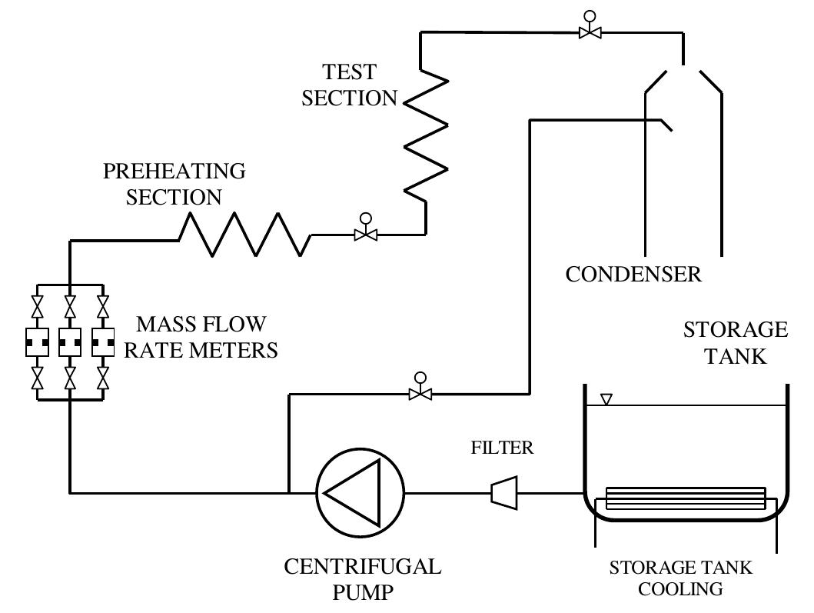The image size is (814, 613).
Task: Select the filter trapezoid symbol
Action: coord(504,491)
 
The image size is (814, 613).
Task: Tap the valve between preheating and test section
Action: coord(365,233)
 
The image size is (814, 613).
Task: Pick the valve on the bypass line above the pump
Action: coord(420,393)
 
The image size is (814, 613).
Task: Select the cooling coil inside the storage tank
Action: coord(686,498)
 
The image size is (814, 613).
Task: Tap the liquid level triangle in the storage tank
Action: coord(606,399)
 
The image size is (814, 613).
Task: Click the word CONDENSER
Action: coord(633,275)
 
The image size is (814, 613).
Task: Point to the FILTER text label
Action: coord(502,448)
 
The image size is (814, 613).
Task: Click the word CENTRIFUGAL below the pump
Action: coord(363,567)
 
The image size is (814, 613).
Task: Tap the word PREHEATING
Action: coord(174,171)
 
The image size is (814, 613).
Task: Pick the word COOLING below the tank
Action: coord(680,589)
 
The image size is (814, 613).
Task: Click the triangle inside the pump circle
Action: coord(352,491)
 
